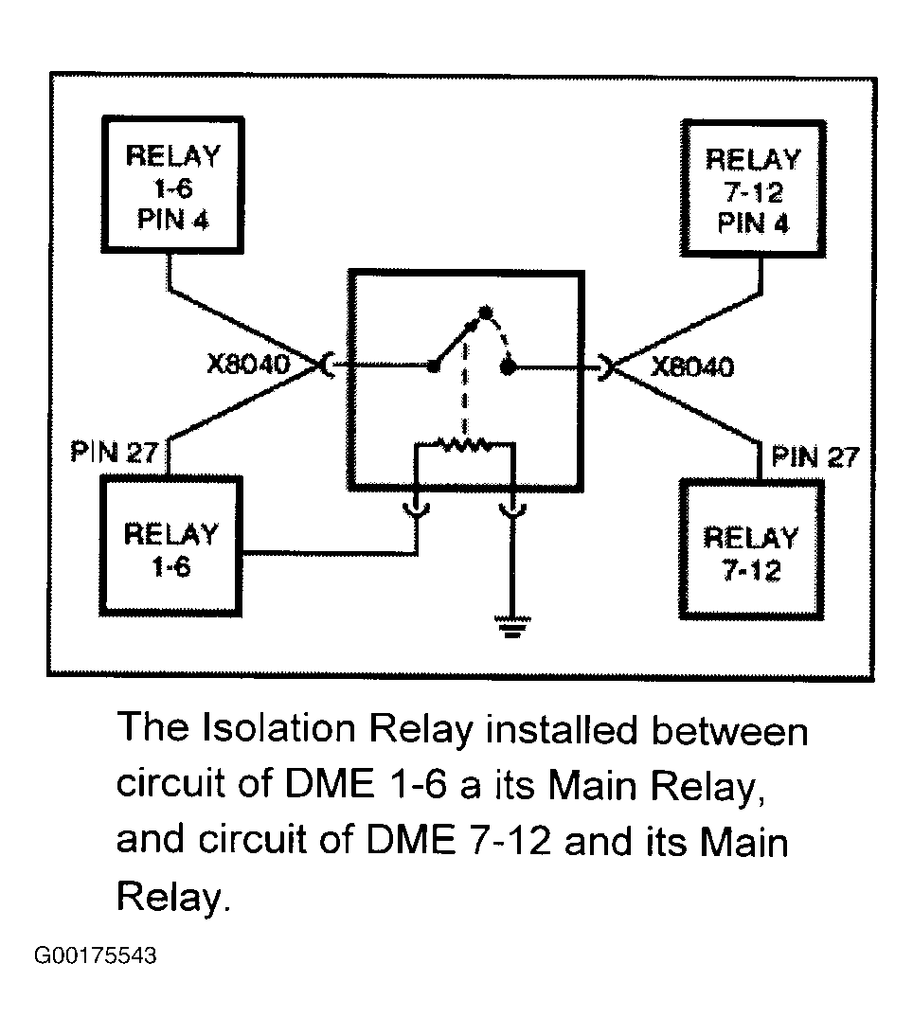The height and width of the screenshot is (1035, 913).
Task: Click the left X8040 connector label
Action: tap(248, 364)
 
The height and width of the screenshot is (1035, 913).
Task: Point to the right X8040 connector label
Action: tap(692, 366)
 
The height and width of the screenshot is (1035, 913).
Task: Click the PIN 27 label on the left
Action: tap(114, 453)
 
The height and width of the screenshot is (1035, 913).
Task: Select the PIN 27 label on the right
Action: tap(815, 456)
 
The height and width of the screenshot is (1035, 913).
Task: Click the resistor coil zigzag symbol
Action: tap(465, 444)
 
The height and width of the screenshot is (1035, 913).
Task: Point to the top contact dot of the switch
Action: tap(485, 312)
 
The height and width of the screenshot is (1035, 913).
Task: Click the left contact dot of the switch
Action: tap(434, 366)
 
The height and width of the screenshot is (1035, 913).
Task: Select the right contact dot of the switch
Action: tap(507, 367)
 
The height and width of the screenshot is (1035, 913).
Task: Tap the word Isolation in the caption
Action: tap(278, 728)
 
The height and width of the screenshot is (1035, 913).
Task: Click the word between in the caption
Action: tap(729, 731)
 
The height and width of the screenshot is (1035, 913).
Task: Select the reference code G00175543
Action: tap(96, 955)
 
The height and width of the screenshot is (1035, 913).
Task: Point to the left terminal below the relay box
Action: tap(417, 509)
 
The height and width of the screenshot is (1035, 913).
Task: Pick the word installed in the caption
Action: tap(561, 729)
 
